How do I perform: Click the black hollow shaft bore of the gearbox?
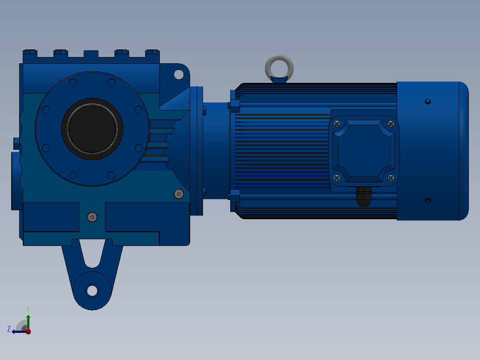(x=92, y=129)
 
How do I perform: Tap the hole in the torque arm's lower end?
(x=92, y=290)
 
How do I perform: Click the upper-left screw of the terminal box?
(x=337, y=124)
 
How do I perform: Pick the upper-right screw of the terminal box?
(x=391, y=124)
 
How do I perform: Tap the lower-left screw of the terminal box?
(x=337, y=178)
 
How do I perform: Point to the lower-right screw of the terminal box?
(x=391, y=178)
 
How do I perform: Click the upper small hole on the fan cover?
(x=428, y=102)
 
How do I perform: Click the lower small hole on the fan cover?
(x=428, y=200)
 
